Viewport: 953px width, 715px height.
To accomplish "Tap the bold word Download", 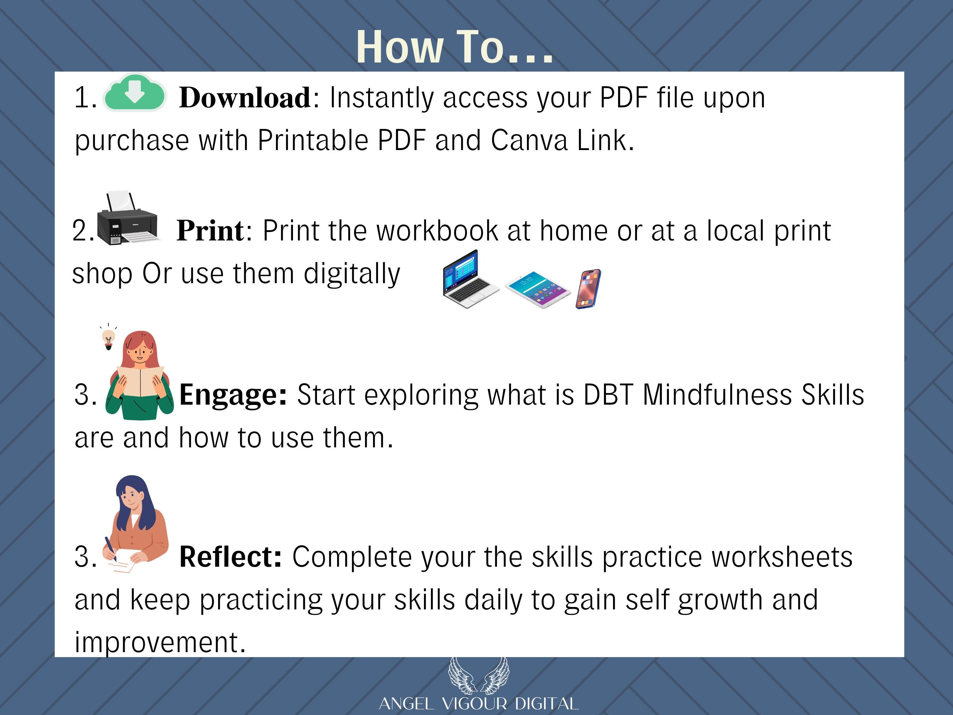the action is (x=244, y=97).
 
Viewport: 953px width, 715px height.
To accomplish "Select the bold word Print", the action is (x=210, y=231).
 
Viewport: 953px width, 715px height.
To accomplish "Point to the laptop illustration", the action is (x=470, y=279).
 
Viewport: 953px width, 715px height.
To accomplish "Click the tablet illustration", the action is (x=538, y=290).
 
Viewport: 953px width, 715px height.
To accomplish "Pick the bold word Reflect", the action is (x=230, y=556).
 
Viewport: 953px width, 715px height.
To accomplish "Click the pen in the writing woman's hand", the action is (x=110, y=549).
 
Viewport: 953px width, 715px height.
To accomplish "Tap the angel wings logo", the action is (x=479, y=675).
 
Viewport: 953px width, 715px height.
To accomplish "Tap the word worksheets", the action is (x=782, y=556).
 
